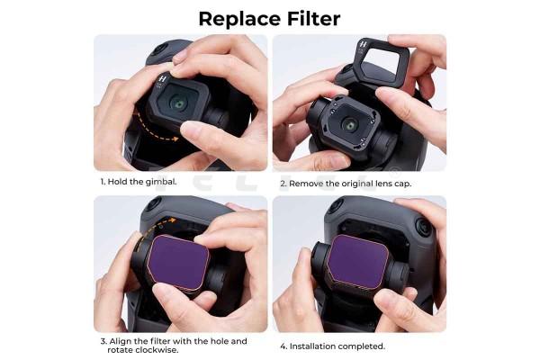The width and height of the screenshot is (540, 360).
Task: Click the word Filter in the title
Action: pos(314,18)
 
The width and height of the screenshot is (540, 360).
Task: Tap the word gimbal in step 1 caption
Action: pos(161,182)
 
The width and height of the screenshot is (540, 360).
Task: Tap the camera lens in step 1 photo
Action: pos(178,103)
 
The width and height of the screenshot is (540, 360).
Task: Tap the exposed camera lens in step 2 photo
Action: pos(350,124)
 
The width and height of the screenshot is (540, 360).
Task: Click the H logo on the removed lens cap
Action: pos(363,44)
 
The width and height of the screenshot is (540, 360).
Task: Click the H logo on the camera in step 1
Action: pos(162,79)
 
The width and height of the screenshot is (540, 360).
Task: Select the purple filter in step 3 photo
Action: pos(178,263)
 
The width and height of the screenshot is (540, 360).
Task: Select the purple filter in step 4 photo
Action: pos(357,263)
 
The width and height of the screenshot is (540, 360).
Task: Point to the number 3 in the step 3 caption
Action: pos(103,342)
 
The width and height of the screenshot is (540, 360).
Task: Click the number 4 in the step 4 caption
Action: pos(283,346)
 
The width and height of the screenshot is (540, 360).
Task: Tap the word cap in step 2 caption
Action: pos(402,184)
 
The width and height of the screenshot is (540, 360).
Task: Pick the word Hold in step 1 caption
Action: pos(117,182)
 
